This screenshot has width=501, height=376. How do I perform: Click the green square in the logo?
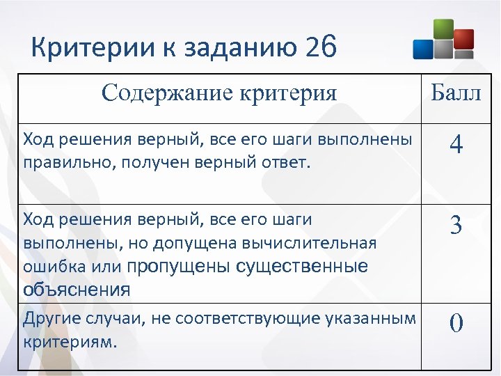coord(443,31)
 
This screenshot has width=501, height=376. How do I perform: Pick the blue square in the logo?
coord(423,48)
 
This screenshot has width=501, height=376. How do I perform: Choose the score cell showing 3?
coord(456,225)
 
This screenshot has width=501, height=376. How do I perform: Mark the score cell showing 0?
coord(456,324)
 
